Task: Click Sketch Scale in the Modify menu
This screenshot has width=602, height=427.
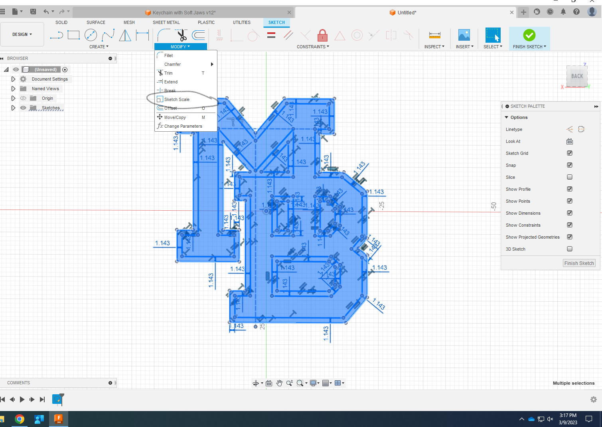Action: pyautogui.click(x=177, y=99)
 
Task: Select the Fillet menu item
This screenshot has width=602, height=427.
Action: pyautogui.click(x=168, y=55)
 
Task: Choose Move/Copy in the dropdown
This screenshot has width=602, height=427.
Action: pyautogui.click(x=175, y=117)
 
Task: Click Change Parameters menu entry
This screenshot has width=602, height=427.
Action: pyautogui.click(x=183, y=126)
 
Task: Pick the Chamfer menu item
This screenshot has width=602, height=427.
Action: pyautogui.click(x=172, y=64)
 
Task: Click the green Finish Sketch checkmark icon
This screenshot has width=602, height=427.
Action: pyautogui.click(x=529, y=35)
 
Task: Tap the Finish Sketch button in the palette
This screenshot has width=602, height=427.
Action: pyautogui.click(x=579, y=263)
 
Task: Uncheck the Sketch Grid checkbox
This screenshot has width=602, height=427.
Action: pyautogui.click(x=570, y=153)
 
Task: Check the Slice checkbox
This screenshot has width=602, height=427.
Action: pyautogui.click(x=570, y=177)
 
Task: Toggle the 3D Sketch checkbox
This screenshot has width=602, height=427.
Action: pyautogui.click(x=570, y=249)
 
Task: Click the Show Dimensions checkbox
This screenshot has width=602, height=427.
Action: pyautogui.click(x=570, y=213)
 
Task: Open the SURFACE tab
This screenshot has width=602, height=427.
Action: pyautogui.click(x=96, y=22)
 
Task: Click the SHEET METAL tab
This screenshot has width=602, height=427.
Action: pyautogui.click(x=166, y=22)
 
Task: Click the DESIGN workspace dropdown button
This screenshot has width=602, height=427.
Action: pyautogui.click(x=22, y=35)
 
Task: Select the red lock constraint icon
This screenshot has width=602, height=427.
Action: pyautogui.click(x=322, y=36)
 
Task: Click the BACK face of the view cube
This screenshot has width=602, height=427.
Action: pyautogui.click(x=577, y=76)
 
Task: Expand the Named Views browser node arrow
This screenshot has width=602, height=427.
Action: pyautogui.click(x=13, y=89)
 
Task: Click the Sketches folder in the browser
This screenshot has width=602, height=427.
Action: pyautogui.click(x=50, y=108)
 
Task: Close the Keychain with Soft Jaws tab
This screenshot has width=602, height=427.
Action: pyautogui.click(x=289, y=12)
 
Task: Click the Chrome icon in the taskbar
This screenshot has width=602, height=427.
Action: pyautogui.click(x=20, y=419)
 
